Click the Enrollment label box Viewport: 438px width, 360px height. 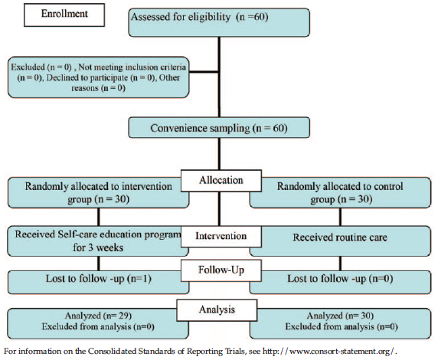[64, 15]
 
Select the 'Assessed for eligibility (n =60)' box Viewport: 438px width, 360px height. [219, 22]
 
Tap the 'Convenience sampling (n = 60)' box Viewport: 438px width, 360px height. [219, 128]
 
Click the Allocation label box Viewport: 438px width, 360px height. [221, 181]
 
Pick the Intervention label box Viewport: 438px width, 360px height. [221, 237]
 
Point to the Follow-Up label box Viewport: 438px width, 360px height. [221, 270]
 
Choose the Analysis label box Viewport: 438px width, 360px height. [217, 310]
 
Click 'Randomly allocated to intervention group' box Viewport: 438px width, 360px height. [98, 193]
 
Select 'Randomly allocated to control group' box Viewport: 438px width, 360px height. [340, 193]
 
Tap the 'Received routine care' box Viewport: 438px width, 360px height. [340, 241]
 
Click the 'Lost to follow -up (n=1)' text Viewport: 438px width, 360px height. [99, 279]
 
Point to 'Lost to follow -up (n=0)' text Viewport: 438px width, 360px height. [340, 279]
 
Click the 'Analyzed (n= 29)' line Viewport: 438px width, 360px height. [98, 316]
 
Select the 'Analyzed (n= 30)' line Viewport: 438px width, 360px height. [340, 316]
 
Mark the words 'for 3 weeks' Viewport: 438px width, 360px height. [98, 247]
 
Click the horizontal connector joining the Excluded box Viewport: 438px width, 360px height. [204, 72]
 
